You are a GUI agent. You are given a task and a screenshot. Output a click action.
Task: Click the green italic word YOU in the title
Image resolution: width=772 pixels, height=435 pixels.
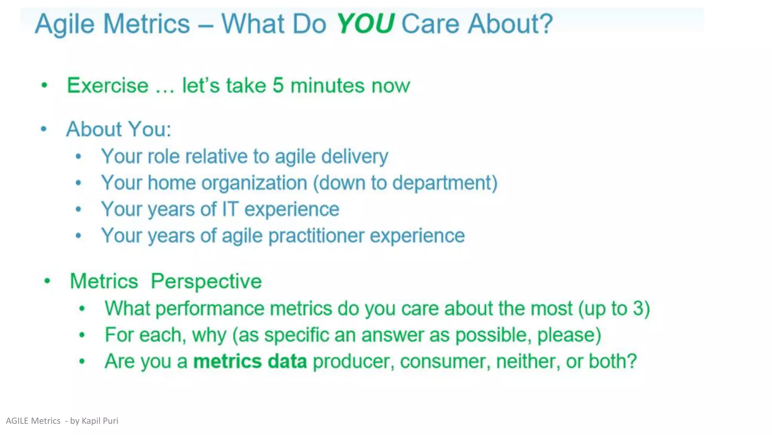[365, 24]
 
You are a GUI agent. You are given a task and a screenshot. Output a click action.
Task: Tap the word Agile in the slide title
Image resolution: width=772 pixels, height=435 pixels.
[64, 25]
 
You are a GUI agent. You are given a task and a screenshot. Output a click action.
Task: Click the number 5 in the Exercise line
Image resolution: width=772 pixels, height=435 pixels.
[278, 85]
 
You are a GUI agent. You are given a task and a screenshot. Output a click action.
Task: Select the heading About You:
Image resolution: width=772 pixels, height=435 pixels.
[119, 129]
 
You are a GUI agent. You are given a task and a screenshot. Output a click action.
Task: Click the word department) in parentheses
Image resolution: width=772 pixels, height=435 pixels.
[445, 183]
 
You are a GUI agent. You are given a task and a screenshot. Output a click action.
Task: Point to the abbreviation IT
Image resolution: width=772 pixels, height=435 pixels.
[230, 209]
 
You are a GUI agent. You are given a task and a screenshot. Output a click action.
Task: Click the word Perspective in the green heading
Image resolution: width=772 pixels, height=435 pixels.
[206, 282]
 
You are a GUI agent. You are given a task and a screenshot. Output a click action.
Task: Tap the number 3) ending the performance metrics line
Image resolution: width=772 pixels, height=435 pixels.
[641, 309]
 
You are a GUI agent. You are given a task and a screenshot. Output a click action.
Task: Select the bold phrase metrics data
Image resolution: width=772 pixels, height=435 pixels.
[250, 361]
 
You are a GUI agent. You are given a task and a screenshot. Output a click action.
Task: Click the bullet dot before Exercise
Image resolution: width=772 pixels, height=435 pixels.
[44, 85]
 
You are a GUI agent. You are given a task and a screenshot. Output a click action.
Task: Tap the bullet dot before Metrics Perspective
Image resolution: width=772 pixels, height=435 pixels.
[47, 281]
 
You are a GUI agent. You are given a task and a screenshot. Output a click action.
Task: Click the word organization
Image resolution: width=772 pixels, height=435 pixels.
[254, 183]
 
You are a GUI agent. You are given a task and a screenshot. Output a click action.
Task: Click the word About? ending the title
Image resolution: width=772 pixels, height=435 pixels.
[510, 24]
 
